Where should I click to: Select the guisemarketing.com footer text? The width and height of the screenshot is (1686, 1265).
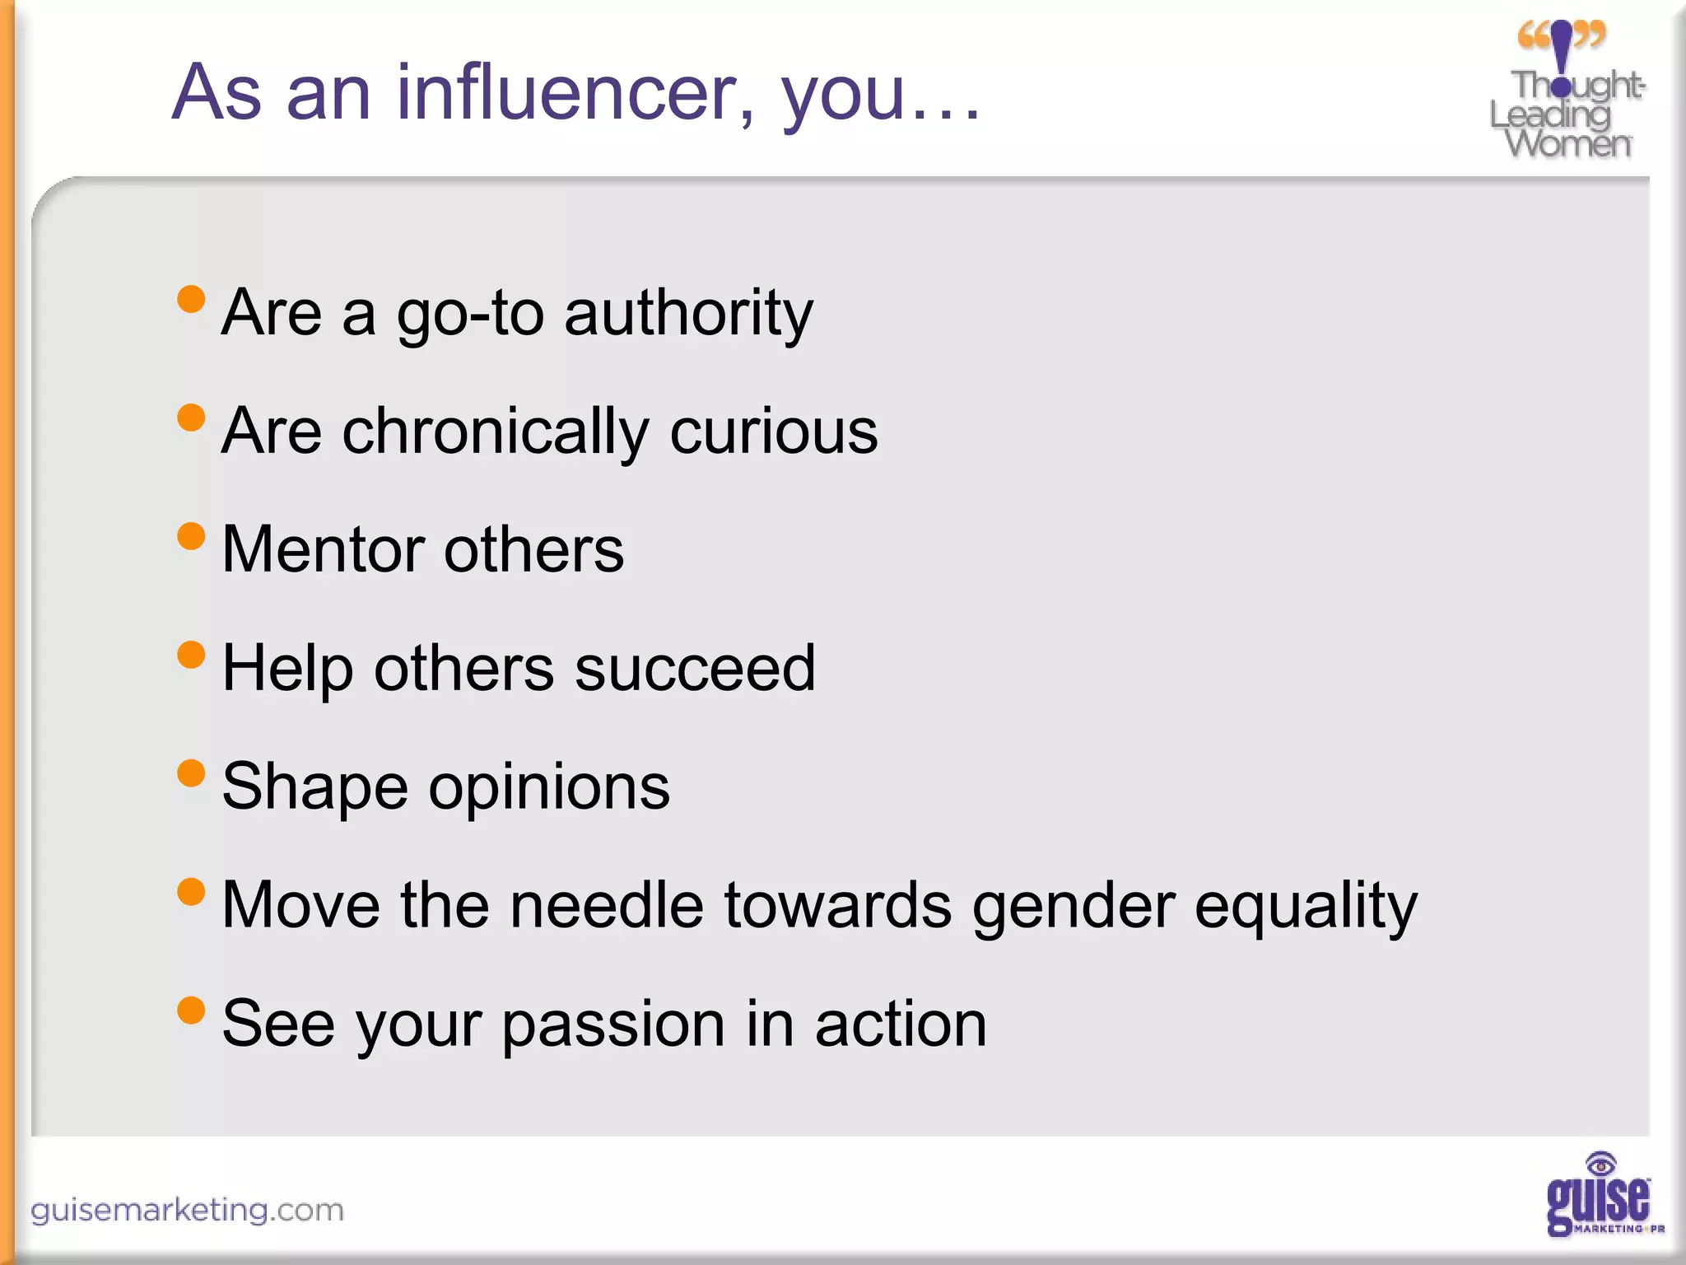point(187,1210)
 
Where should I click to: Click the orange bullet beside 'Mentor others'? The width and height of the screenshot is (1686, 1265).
point(191,536)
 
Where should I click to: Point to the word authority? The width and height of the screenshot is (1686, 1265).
point(688,313)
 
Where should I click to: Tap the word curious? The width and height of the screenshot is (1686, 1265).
point(774,432)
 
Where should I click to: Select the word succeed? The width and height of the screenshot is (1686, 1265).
point(695,668)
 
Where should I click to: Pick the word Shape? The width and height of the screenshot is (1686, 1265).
point(314,787)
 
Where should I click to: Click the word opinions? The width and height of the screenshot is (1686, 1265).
point(549,787)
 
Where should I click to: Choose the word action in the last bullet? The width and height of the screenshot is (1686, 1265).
point(901,1024)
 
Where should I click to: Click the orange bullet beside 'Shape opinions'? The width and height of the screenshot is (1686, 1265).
point(191,773)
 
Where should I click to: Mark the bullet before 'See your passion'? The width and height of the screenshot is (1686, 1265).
point(191,1010)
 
